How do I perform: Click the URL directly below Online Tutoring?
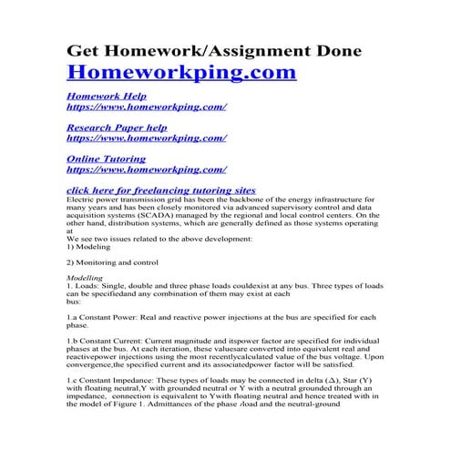(147, 169)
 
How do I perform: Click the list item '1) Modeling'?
(92, 248)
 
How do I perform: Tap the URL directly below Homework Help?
(147, 107)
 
